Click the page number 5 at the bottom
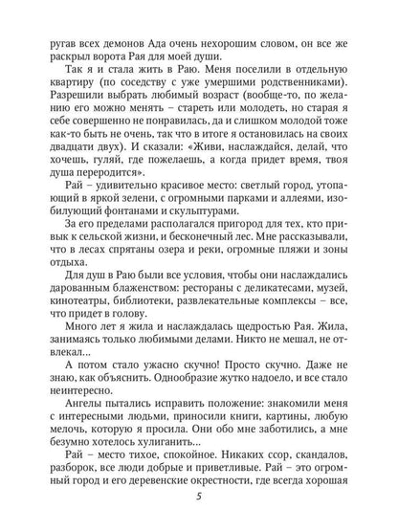coord(199,506)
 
